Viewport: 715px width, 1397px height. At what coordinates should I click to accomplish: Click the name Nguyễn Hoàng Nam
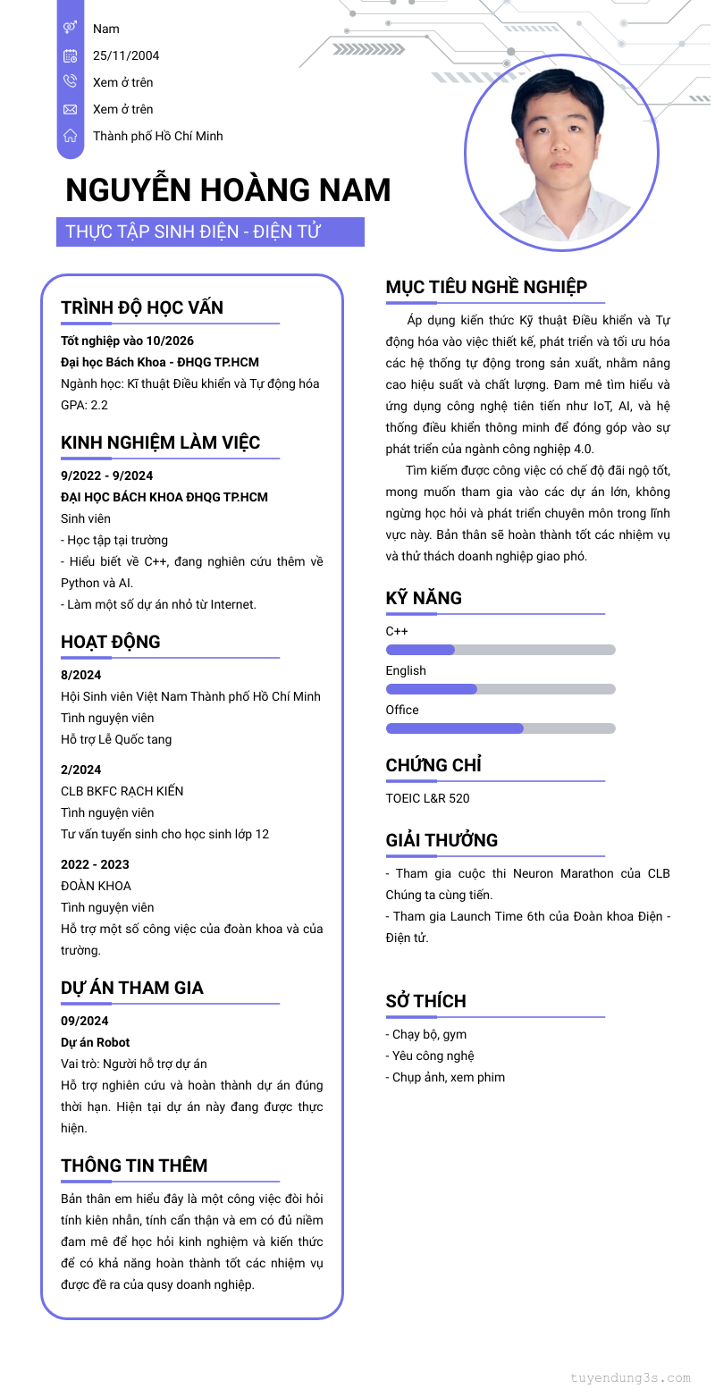pyautogui.click(x=228, y=190)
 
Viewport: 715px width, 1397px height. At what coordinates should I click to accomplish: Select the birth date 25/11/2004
pyautogui.click(x=126, y=55)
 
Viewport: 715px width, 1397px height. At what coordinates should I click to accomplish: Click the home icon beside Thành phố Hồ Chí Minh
pyautogui.click(x=71, y=136)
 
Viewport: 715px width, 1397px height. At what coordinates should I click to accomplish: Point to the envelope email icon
pyautogui.click(x=71, y=109)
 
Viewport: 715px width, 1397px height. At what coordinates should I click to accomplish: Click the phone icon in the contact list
pyautogui.click(x=71, y=82)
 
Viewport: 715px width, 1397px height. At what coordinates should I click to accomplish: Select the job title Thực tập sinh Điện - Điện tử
pyautogui.click(x=193, y=232)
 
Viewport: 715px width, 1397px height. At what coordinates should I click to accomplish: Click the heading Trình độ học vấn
pyautogui.click(x=142, y=307)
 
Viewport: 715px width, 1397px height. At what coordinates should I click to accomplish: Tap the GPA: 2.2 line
pyautogui.click(x=84, y=405)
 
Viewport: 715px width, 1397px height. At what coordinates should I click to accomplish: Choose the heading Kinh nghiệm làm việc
pyautogui.click(x=161, y=443)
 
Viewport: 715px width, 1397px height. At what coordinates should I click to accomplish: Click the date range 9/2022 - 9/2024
pyautogui.click(x=107, y=475)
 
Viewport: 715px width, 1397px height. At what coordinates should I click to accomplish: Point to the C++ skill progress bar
pyautogui.click(x=500, y=650)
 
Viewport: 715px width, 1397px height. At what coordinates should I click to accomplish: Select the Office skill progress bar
pyautogui.click(x=500, y=728)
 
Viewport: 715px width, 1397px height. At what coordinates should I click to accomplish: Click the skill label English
pyautogui.click(x=406, y=670)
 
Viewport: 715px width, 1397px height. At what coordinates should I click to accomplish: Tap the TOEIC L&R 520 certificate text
pyautogui.click(x=427, y=798)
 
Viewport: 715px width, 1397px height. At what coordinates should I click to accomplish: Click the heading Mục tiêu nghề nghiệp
pyautogui.click(x=486, y=287)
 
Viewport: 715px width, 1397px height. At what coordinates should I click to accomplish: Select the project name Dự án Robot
pyautogui.click(x=96, y=1042)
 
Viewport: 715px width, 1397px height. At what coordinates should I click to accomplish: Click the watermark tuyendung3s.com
pyautogui.click(x=631, y=1377)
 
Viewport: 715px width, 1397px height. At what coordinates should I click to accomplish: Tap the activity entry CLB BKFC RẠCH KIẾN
pyautogui.click(x=122, y=791)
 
